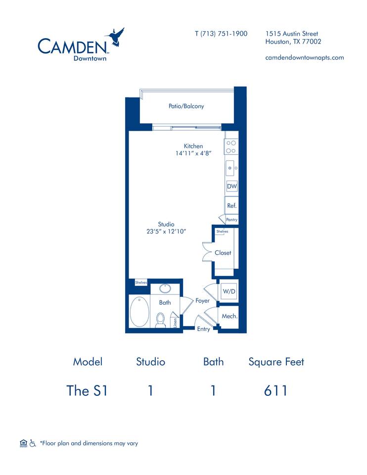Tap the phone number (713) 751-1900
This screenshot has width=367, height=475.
click(x=221, y=34)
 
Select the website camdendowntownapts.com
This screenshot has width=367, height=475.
click(x=304, y=57)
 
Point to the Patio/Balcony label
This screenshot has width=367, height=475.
click(x=186, y=106)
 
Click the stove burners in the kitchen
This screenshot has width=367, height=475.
click(x=231, y=147)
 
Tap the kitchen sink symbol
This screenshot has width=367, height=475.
click(x=231, y=168)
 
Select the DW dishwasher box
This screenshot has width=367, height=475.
click(x=231, y=187)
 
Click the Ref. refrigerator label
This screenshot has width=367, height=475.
click(x=231, y=205)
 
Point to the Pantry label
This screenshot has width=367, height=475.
click(x=231, y=220)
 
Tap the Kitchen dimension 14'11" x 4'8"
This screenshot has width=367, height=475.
click(x=193, y=153)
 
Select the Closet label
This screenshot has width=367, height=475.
click(x=223, y=253)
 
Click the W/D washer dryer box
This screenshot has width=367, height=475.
click(x=229, y=292)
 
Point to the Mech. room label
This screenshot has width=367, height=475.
click(x=229, y=316)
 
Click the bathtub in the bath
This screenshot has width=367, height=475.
click(x=139, y=311)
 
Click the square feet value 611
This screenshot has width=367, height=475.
click(x=275, y=390)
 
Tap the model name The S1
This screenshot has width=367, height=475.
click(x=87, y=390)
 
